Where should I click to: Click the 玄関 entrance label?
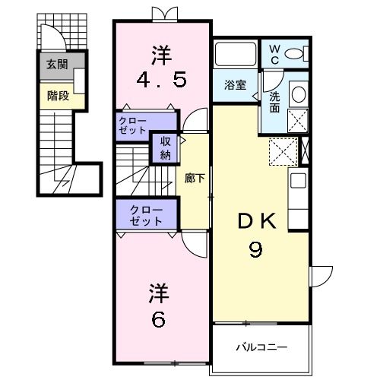[x=57, y=65]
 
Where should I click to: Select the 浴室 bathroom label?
[x=234, y=85]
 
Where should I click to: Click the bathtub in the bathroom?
[x=236, y=55]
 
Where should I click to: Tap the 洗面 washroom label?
[x=274, y=102]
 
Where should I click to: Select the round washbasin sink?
[x=299, y=94]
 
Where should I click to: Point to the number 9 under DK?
[x=256, y=249]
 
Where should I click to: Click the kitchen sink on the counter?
[x=298, y=181]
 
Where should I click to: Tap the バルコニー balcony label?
[x=261, y=347]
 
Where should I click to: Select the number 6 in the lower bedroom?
[x=157, y=320]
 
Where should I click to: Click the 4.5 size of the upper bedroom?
[x=161, y=80]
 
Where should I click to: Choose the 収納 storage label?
[x=165, y=147]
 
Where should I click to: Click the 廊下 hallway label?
[x=195, y=179]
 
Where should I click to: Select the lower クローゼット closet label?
[x=146, y=215]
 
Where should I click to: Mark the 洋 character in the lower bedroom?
[x=157, y=292]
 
